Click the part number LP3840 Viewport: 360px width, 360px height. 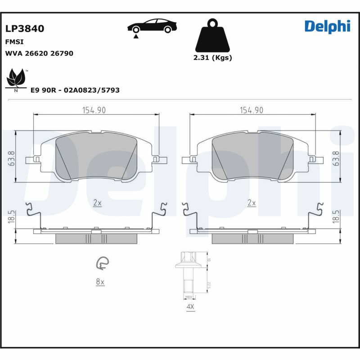click(x=24, y=29)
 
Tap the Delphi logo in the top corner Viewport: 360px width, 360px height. click(x=327, y=27)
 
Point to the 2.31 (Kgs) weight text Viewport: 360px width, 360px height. click(x=212, y=58)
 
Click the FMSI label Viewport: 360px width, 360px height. click(x=14, y=42)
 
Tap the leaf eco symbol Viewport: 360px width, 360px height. click(x=17, y=79)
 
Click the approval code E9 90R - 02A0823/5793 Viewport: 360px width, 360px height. click(x=75, y=90)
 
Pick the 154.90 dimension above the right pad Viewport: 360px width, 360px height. click(x=251, y=110)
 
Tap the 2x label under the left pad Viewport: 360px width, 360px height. click(x=97, y=203)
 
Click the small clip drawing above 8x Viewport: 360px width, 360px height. click(x=103, y=263)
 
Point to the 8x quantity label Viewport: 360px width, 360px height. click(x=99, y=282)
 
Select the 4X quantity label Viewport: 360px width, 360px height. click(x=190, y=307)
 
